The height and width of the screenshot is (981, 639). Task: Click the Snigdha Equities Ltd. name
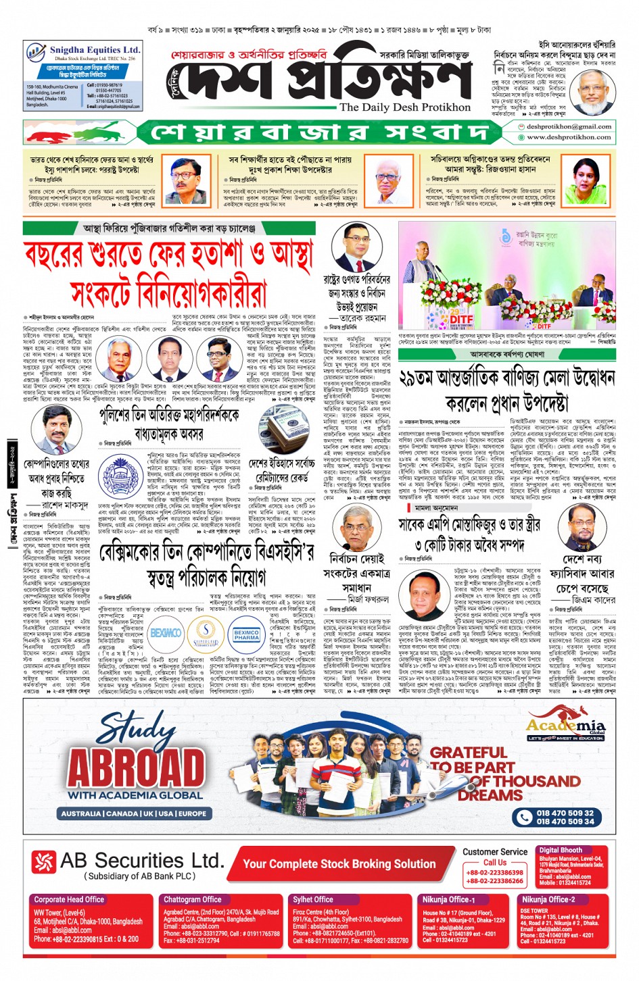pos(94,50)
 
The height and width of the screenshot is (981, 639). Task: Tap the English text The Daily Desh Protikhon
pos(405,107)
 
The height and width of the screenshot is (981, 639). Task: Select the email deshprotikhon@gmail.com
pos(569,126)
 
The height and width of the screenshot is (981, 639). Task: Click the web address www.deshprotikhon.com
pos(569,137)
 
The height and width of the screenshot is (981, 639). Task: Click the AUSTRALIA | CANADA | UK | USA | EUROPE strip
pos(134,813)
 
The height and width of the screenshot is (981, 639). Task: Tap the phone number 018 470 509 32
pos(565,813)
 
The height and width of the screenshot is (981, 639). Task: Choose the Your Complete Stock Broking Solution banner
pos(339,863)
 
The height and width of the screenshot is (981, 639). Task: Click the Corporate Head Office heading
pos(69,899)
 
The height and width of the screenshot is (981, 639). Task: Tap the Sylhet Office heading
pos(313,899)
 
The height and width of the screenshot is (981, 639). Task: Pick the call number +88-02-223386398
pos(494,872)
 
